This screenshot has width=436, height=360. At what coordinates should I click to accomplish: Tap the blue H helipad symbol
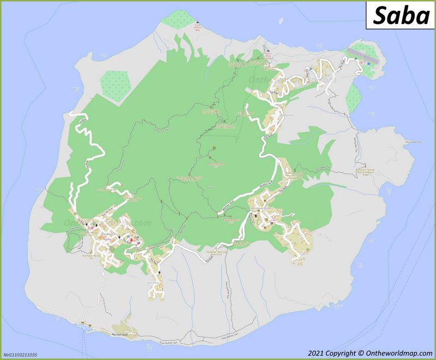click(369, 64)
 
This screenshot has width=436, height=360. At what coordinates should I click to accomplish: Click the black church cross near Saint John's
click(160, 272)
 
